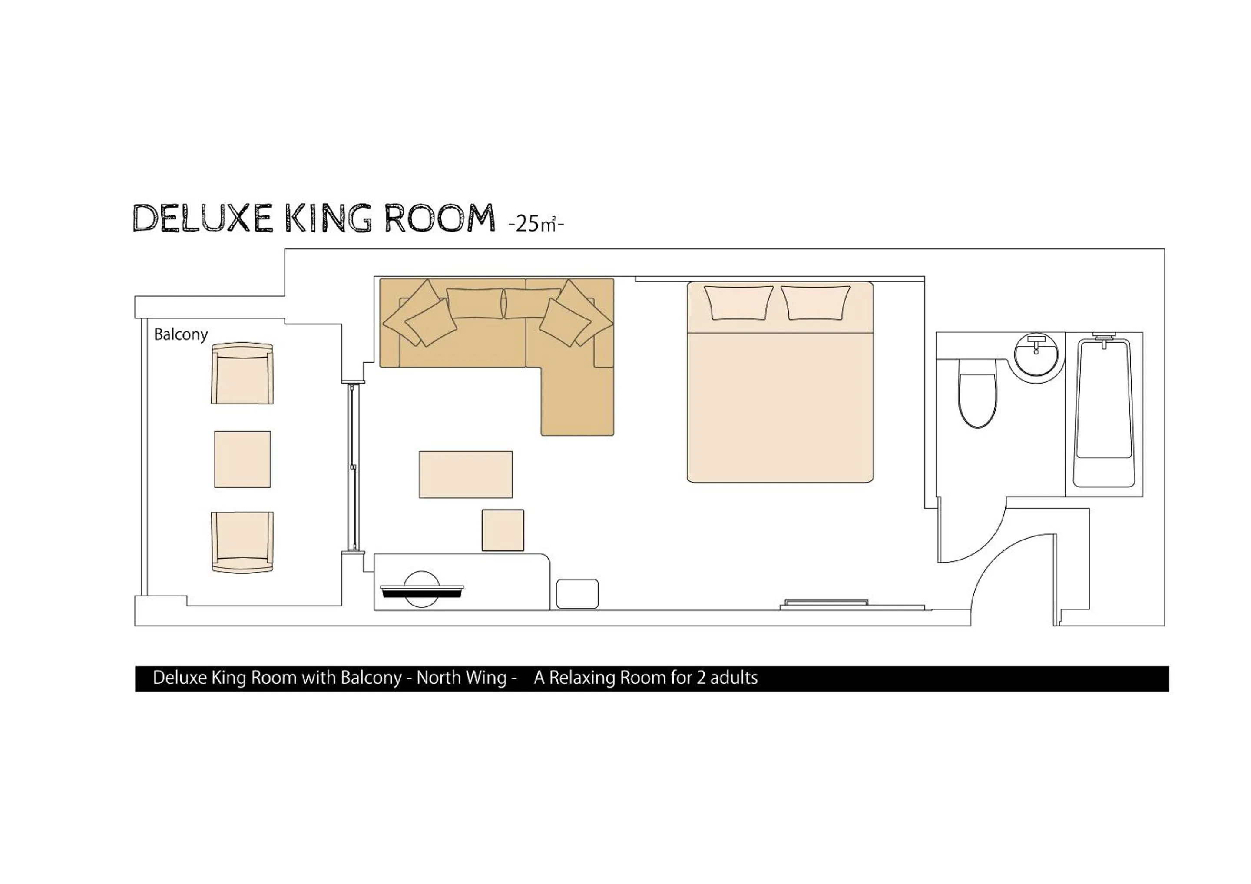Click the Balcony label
point(181,334)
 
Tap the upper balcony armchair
point(242,374)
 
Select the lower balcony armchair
point(242,542)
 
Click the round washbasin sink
point(1036,354)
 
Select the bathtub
point(1104,414)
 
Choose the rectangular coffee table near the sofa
point(465,474)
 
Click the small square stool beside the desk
point(503,530)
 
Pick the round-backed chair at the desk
point(421,589)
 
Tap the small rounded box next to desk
point(577,593)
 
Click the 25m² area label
point(536,223)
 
